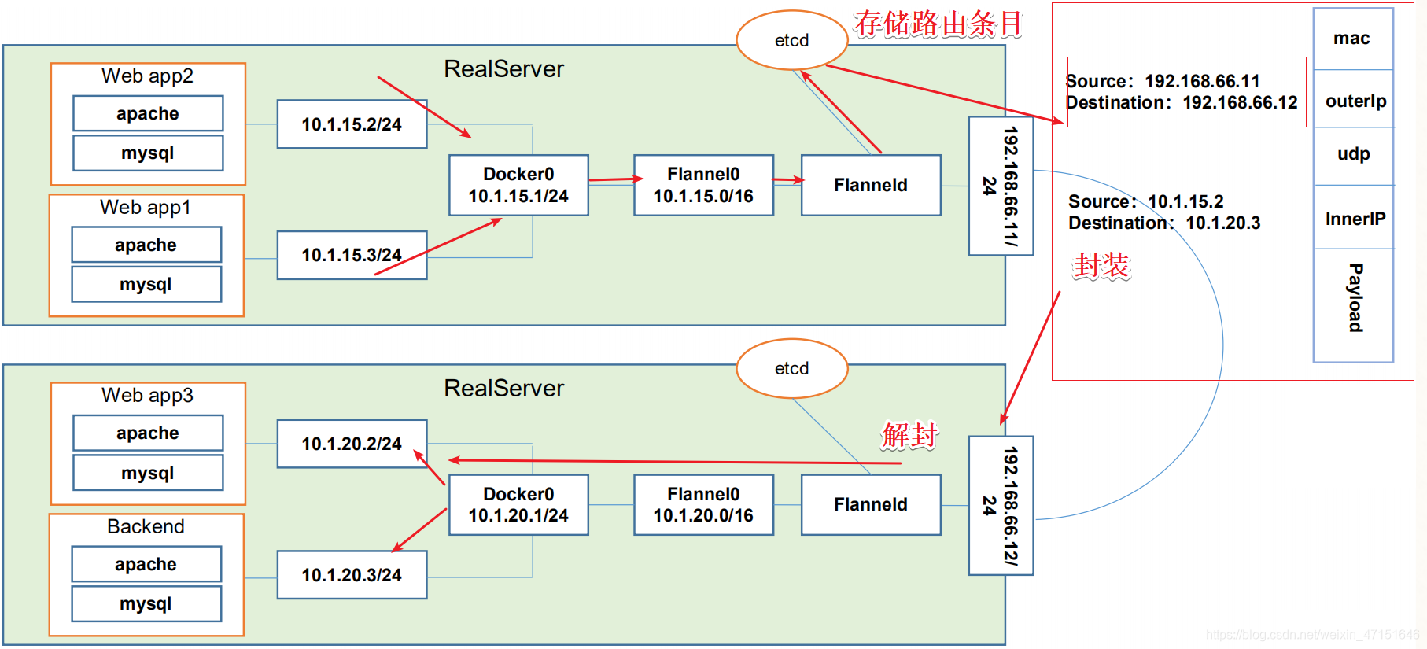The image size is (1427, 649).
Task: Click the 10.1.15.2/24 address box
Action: [x=352, y=124]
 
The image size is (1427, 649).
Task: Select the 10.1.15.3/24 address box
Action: [x=352, y=255]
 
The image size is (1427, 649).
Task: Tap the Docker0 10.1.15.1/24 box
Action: [x=518, y=185]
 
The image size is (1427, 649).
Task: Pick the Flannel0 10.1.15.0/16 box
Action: [x=703, y=185]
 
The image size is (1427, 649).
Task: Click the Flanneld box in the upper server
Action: [x=871, y=185]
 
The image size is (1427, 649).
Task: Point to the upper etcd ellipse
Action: [x=792, y=40]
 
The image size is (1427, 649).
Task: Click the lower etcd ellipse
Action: [x=792, y=368]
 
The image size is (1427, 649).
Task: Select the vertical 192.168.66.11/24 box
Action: [x=1001, y=186]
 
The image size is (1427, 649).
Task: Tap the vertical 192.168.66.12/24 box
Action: [x=1001, y=506]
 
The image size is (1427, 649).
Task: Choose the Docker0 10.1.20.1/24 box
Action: [x=518, y=504]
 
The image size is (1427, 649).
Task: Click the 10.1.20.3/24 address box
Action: [x=352, y=575]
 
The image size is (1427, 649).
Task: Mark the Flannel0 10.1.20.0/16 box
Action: [x=703, y=504]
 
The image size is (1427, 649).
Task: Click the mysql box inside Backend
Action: [x=146, y=603]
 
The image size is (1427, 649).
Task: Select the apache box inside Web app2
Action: [x=148, y=113]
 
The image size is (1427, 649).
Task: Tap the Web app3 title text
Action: [x=147, y=395]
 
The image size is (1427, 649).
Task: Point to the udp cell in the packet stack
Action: [x=1353, y=155]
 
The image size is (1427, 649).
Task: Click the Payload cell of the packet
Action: [x=1353, y=304]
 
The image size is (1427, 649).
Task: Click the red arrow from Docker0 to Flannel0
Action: [x=616, y=179]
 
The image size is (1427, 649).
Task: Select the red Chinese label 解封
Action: [x=910, y=434]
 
